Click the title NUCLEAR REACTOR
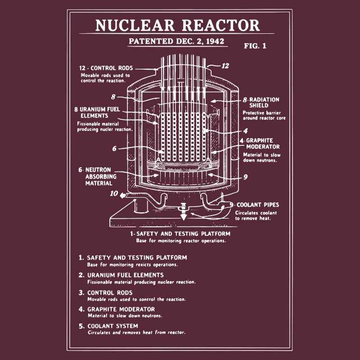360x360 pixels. coord(177,25)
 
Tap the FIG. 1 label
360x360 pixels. coord(255,46)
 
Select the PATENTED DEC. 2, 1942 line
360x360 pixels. coord(177,41)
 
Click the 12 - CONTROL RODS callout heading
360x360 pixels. coord(106,68)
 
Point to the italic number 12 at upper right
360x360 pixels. coord(225,66)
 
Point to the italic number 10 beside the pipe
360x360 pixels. coord(114,194)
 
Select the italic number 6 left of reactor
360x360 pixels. coord(114,148)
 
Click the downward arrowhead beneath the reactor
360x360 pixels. coord(183,217)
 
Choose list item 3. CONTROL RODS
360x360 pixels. coord(110,292)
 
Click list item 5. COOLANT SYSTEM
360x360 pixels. coord(112,326)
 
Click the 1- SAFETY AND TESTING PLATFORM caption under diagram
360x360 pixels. coord(180,234)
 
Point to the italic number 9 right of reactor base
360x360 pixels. coord(245,177)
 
